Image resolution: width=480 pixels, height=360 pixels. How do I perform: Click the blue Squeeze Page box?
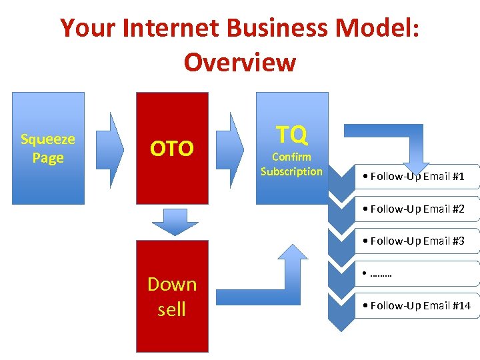(48, 148)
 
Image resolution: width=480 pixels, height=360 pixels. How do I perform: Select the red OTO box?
(172, 148)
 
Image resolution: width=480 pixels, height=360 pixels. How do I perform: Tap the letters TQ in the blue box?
(292, 135)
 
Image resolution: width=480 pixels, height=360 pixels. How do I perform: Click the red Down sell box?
(172, 296)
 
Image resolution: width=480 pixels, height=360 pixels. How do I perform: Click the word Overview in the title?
(239, 63)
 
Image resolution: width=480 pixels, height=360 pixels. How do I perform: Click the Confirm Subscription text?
(291, 165)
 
